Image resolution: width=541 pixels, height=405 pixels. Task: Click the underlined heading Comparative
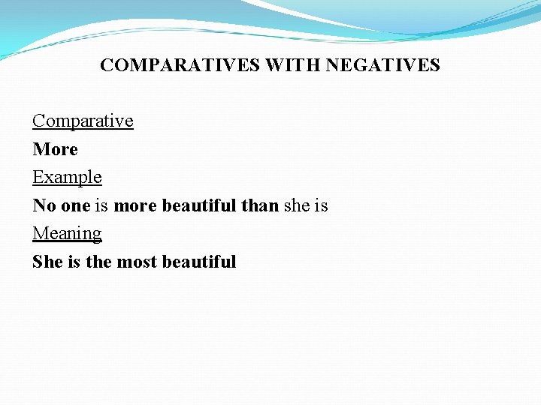pyautogui.click(x=83, y=121)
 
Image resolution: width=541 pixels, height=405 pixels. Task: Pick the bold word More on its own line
pyautogui.click(x=55, y=149)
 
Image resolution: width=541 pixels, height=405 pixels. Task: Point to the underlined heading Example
pyautogui.click(x=67, y=177)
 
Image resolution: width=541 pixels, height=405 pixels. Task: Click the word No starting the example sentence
pyautogui.click(x=43, y=205)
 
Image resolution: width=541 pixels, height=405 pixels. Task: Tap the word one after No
pyautogui.click(x=74, y=205)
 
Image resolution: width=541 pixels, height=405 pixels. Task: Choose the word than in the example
pyautogui.click(x=260, y=205)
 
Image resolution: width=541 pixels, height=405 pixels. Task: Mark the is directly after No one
pyautogui.click(x=101, y=205)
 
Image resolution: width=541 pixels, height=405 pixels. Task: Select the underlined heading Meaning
pyautogui.click(x=67, y=233)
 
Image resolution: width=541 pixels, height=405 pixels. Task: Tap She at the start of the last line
pyautogui.click(x=48, y=262)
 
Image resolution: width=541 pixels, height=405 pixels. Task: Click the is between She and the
pyautogui.click(x=74, y=262)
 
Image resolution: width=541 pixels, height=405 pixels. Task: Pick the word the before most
pyautogui.click(x=97, y=262)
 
